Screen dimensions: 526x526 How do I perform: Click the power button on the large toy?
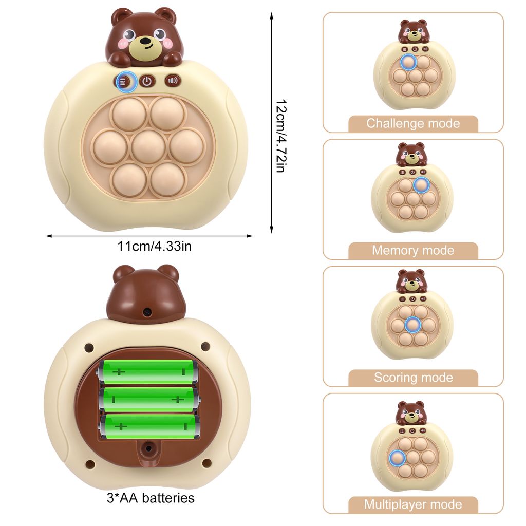[147, 81]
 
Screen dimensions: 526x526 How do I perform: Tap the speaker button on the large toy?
[173, 81]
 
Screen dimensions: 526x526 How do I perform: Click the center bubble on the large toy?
[148, 146]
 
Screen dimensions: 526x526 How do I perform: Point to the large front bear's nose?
[145, 41]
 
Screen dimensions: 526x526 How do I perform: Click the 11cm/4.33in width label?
[154, 246]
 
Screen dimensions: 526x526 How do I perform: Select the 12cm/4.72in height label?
[281, 136]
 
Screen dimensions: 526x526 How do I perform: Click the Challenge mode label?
[413, 123]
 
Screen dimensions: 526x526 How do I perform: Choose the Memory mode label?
[413, 250]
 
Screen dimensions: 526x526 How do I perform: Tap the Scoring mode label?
[414, 378]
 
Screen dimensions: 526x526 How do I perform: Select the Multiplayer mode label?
[413, 504]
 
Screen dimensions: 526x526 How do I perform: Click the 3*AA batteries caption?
[151, 498]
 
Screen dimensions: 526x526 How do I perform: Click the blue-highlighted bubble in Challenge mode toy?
[408, 62]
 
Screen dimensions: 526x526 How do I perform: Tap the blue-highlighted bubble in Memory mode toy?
[421, 185]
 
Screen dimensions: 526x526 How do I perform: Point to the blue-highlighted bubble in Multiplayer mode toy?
[397, 458]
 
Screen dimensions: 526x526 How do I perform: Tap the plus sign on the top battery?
[119, 372]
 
